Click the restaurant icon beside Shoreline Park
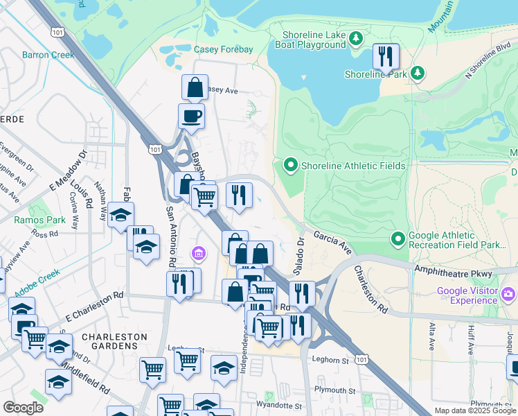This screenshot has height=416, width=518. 386,56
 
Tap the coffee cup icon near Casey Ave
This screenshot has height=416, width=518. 191,116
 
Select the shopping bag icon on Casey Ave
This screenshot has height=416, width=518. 195,87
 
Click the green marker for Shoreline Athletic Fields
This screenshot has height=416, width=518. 290,166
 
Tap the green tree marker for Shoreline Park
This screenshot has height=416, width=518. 417,73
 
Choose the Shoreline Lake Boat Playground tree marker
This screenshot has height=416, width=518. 356,38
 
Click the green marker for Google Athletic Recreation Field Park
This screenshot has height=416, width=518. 398,239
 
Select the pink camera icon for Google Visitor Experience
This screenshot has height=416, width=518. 509,295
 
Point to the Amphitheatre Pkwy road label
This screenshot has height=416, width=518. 452,269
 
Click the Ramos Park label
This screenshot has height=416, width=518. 39,220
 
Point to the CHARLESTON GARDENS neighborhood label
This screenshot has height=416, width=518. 114,343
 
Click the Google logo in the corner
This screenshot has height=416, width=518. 23,408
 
